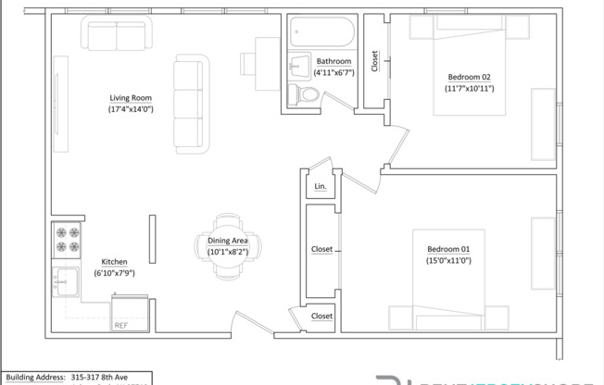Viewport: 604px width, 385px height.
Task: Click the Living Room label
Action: [131, 97]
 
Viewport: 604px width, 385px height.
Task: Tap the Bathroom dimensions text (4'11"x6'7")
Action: [333, 72]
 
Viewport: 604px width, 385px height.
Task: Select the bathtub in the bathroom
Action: [320, 34]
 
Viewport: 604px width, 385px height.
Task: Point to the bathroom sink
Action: [298, 68]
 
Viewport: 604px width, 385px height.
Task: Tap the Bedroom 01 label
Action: [448, 249]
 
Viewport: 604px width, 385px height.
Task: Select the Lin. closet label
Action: [321, 186]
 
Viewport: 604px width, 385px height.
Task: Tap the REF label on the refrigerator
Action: [120, 326]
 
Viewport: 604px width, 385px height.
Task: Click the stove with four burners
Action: [68, 241]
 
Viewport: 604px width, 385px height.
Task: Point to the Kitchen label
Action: [114, 262]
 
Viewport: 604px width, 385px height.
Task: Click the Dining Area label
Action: [221, 241]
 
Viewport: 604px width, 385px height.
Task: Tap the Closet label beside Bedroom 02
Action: [374, 61]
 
